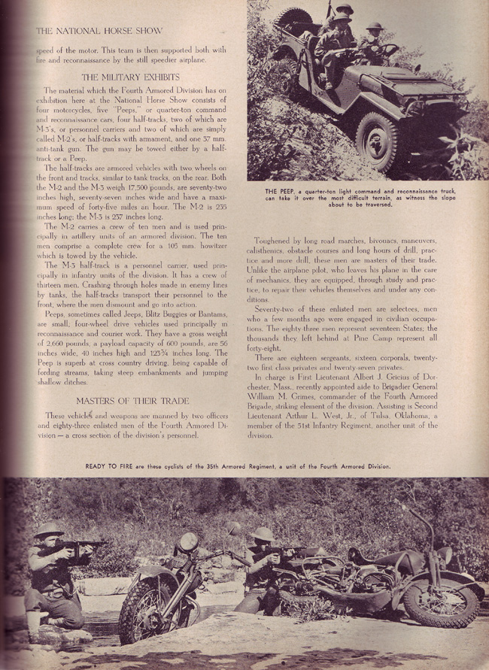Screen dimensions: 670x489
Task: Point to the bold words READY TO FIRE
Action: coord(108,466)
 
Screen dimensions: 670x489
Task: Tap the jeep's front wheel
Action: coord(375,140)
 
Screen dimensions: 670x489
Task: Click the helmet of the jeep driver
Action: coord(374,26)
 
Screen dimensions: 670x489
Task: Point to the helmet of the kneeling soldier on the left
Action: coord(50,529)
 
